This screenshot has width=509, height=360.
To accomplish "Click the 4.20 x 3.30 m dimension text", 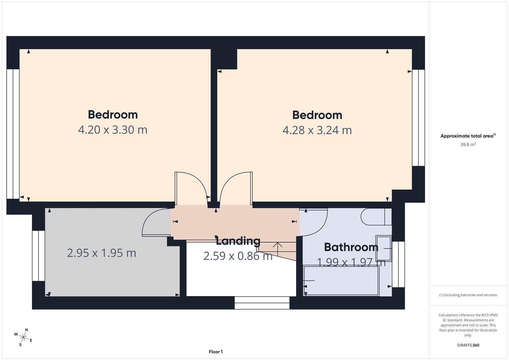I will [x=113, y=130].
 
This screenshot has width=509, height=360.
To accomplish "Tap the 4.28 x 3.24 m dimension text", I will [x=317, y=130].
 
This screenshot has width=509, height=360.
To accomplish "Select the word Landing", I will [x=238, y=241].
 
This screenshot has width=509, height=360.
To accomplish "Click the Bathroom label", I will [x=351, y=247].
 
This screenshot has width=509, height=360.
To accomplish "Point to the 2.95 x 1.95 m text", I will [x=101, y=253].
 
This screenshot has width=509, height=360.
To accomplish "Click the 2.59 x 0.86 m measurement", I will [x=238, y=256].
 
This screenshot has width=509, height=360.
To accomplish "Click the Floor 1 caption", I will [x=216, y=352].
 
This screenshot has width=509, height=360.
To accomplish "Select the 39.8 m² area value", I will [x=468, y=145].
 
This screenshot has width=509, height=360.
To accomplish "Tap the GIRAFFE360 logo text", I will [x=468, y=345].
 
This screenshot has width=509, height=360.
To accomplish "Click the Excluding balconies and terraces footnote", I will [x=468, y=295].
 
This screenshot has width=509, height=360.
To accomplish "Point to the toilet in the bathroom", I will [x=375, y=217].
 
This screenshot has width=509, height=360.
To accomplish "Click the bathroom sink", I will [x=383, y=249].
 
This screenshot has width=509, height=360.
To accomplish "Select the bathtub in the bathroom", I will [x=341, y=281].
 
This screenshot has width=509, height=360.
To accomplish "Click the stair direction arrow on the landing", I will [x=277, y=247].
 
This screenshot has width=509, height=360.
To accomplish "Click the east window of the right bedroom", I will [x=418, y=118].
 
